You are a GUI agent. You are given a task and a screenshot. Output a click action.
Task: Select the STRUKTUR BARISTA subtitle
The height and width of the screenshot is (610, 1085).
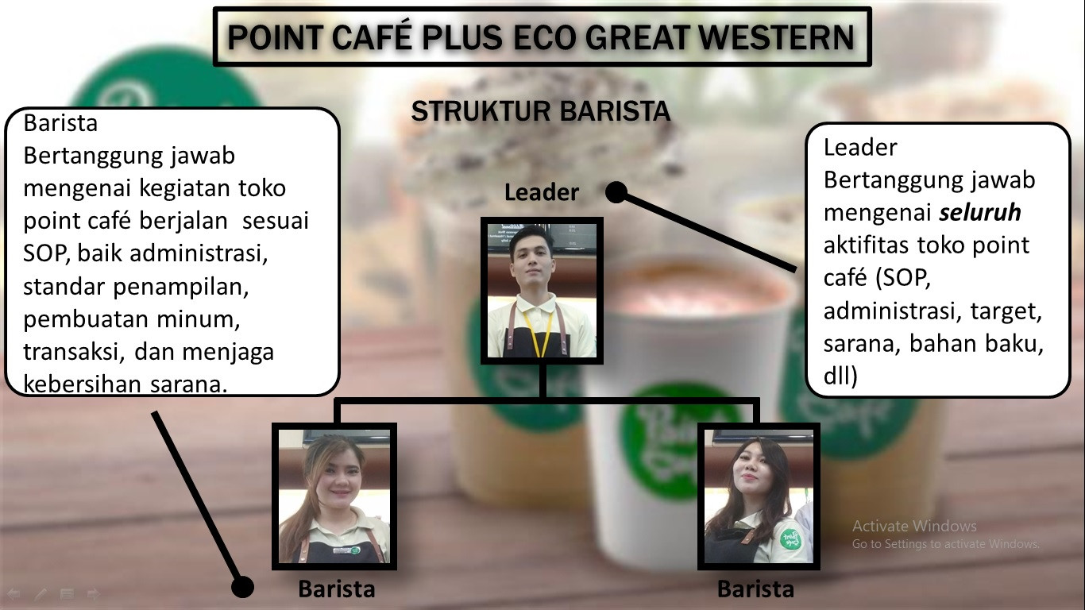click(x=541, y=111)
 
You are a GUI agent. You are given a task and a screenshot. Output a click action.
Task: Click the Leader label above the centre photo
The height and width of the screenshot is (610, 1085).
click(x=542, y=192)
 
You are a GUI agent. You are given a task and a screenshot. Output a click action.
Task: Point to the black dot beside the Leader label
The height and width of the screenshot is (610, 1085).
click(x=616, y=192)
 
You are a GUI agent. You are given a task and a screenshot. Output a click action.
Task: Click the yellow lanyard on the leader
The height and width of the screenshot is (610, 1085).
click(x=539, y=334)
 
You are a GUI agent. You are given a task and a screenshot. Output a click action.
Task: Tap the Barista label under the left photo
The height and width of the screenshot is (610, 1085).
click(x=337, y=589)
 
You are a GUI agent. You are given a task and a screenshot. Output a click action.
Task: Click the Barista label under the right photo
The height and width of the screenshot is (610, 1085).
click(x=755, y=589)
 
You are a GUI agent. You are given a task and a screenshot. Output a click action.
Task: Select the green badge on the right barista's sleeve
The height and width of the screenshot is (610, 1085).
click(x=790, y=539)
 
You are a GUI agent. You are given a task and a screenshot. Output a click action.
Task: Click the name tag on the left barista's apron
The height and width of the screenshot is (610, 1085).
click(x=347, y=550)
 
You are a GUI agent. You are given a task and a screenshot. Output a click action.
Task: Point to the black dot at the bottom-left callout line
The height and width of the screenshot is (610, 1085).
click(x=242, y=587)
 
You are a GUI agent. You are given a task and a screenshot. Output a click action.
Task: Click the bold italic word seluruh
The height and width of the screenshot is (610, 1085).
click(x=980, y=213)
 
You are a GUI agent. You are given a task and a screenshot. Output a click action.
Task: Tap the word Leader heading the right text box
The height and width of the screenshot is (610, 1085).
click(x=860, y=147)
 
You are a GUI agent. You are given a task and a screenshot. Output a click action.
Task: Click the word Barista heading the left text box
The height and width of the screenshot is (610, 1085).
click(x=60, y=123)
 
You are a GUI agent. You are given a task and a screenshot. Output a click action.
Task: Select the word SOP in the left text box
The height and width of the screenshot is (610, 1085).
click(x=45, y=253)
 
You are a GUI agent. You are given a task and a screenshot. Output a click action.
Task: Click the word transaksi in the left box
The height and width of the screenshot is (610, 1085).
click(x=75, y=352)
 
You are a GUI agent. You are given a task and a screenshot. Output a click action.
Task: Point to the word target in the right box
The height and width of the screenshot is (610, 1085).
click(x=1006, y=311)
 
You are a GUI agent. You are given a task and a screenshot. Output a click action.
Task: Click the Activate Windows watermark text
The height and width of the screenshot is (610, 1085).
click(x=914, y=526)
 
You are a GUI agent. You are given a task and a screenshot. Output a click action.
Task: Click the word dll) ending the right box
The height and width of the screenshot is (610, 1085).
click(x=840, y=376)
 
